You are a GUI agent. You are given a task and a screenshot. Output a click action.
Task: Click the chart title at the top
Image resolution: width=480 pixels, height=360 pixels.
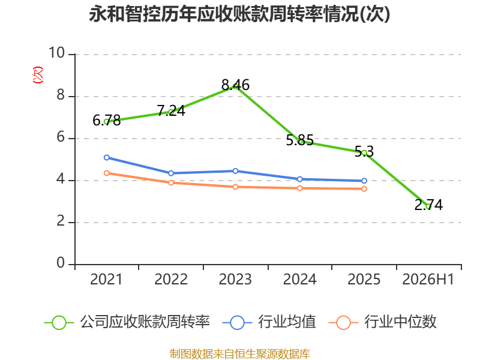(x=239, y=14)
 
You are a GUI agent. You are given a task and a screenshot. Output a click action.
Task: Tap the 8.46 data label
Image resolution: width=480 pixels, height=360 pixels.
(x=235, y=85)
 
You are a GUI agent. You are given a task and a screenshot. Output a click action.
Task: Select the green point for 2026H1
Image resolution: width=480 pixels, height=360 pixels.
(x=428, y=206)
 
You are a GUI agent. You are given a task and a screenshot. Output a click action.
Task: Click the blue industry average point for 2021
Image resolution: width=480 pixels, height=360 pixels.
(x=107, y=158)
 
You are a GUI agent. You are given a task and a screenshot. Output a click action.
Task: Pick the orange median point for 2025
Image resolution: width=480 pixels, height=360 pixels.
(x=364, y=189)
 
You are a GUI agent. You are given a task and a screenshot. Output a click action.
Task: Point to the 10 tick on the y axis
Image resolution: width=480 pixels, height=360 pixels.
(x=56, y=53)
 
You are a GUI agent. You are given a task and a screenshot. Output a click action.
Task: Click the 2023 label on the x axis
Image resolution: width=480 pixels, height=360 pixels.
(x=235, y=279)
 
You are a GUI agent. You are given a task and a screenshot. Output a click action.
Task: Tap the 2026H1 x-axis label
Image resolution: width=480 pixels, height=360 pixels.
(x=428, y=279)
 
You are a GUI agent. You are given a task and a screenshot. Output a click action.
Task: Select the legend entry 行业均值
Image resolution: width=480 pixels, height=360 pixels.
(x=269, y=322)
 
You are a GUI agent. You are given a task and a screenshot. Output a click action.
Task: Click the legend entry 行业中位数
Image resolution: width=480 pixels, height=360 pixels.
(x=383, y=322)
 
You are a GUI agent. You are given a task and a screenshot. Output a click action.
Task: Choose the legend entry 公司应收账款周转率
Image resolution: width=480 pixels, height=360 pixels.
(x=127, y=322)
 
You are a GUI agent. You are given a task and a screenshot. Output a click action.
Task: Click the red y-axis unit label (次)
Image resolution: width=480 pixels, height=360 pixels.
(x=38, y=75)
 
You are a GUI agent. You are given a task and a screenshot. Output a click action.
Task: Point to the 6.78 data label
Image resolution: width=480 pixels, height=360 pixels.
(x=107, y=121)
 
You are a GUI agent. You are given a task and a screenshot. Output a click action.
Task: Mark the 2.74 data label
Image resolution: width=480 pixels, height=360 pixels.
(x=428, y=205)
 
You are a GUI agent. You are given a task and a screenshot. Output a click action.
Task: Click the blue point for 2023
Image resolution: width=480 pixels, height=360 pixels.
(x=235, y=171)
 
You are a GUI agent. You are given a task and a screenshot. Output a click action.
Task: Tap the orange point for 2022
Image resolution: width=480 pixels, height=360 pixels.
(x=171, y=183)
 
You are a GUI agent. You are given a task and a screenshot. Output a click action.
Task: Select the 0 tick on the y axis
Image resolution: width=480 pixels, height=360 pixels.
(x=61, y=263)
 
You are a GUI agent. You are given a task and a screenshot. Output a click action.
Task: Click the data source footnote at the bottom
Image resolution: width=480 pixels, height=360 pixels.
(x=240, y=354)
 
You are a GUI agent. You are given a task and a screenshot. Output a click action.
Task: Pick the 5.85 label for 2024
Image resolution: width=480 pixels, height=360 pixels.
(x=299, y=140)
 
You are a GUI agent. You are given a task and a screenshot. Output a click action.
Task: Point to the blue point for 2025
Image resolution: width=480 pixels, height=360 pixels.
(x=364, y=181)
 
